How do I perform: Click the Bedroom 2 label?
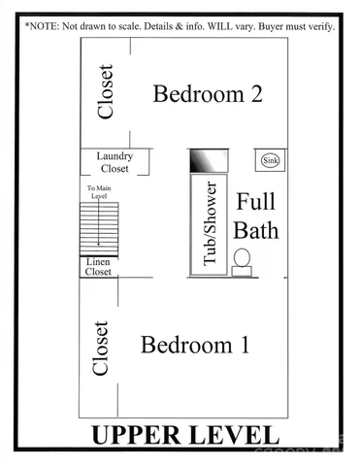pyautogui.click(x=208, y=94)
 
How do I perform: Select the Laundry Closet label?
pyautogui.click(x=115, y=161)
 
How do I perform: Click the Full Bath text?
pyautogui.click(x=257, y=216)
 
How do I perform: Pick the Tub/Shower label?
pyautogui.click(x=209, y=224)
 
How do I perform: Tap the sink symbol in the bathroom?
pyautogui.click(x=270, y=160)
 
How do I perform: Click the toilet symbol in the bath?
pyautogui.click(x=242, y=261)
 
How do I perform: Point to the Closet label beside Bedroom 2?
pyautogui.click(x=106, y=91)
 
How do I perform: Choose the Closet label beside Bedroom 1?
pyautogui.click(x=100, y=349)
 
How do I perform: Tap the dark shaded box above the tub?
pyautogui.click(x=209, y=160)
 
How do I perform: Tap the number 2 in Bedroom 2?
pyautogui.click(x=255, y=94)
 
